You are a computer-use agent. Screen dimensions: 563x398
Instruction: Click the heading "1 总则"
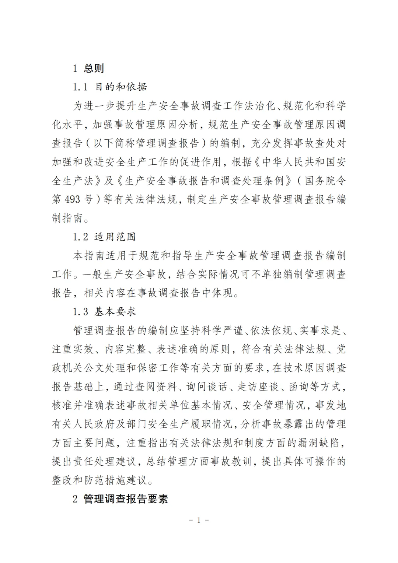88,69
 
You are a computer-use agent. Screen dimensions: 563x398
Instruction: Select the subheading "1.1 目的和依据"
110,87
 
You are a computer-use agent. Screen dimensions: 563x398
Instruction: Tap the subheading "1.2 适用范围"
104,237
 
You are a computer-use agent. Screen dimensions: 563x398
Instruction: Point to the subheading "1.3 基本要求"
104,312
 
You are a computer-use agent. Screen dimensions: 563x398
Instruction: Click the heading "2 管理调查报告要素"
120,499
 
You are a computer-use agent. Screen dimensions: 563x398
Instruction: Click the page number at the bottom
199,520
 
